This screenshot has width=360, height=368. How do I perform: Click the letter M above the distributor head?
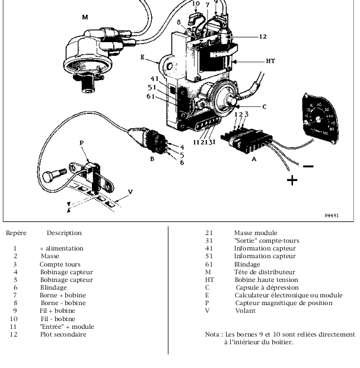pos(85,17)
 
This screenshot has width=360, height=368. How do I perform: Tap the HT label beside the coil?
pos(270,61)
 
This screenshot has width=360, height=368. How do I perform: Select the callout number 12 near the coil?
pos(263,37)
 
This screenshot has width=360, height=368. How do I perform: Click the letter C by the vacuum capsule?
pos(265,107)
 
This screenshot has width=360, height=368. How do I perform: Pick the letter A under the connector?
pos(254,159)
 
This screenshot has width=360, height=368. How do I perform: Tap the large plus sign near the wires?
pos(292,179)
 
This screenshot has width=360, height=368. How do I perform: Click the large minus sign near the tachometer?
pos(308,166)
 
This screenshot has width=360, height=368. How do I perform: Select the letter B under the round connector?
pos(152,159)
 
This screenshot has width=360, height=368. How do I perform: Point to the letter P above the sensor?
pos(82,143)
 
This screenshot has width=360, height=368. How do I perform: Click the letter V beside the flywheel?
pos(130,191)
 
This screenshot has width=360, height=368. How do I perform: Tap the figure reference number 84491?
pos(332,215)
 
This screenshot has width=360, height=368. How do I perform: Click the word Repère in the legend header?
pos(15,233)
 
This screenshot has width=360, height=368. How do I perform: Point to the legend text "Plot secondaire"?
pos(63,334)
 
